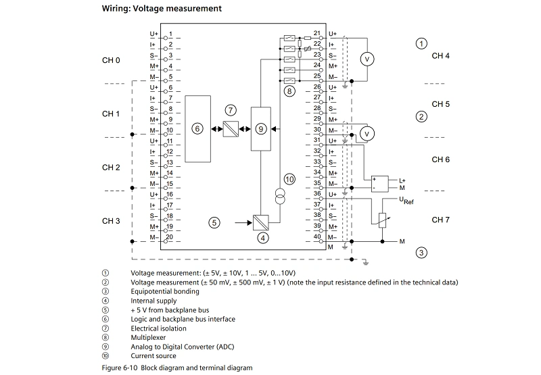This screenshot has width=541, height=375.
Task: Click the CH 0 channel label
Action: (111, 61)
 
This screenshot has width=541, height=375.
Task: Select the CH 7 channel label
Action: (440, 220)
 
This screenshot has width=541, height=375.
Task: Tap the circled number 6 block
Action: (197, 128)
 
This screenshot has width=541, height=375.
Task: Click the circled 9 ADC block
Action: (260, 128)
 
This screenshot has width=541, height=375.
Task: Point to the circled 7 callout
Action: (231, 109)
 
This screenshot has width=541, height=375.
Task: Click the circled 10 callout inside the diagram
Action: (289, 179)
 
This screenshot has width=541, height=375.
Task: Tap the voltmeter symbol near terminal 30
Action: (367, 134)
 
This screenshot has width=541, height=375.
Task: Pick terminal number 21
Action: (316, 33)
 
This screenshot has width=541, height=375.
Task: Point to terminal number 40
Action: (316, 237)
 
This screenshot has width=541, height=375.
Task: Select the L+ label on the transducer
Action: (402, 180)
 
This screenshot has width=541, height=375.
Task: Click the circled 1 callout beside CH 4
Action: (421, 44)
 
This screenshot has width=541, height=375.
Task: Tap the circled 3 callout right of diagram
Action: (421, 253)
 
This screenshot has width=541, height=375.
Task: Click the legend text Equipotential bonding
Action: (164, 291)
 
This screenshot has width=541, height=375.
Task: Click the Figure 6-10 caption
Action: (177, 368)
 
